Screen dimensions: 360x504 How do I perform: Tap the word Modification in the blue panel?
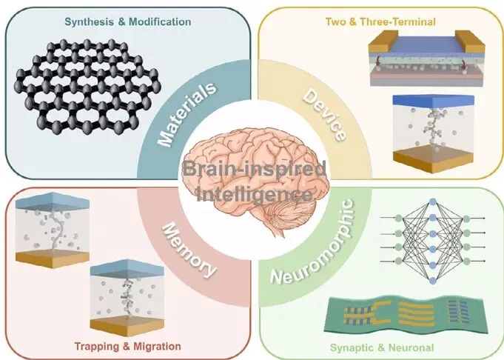click(x=158, y=22)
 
